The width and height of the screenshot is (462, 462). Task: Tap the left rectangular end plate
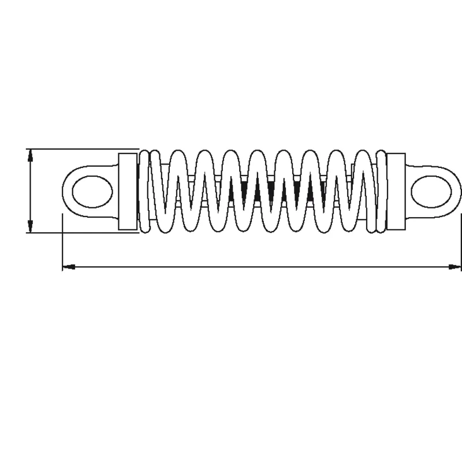point(128,191)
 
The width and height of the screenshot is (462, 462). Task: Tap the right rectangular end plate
point(397,191)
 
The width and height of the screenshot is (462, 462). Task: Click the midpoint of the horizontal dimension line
point(262,267)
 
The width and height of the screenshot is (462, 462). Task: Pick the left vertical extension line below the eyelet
point(62,243)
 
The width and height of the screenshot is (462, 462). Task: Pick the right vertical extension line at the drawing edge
point(461,243)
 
